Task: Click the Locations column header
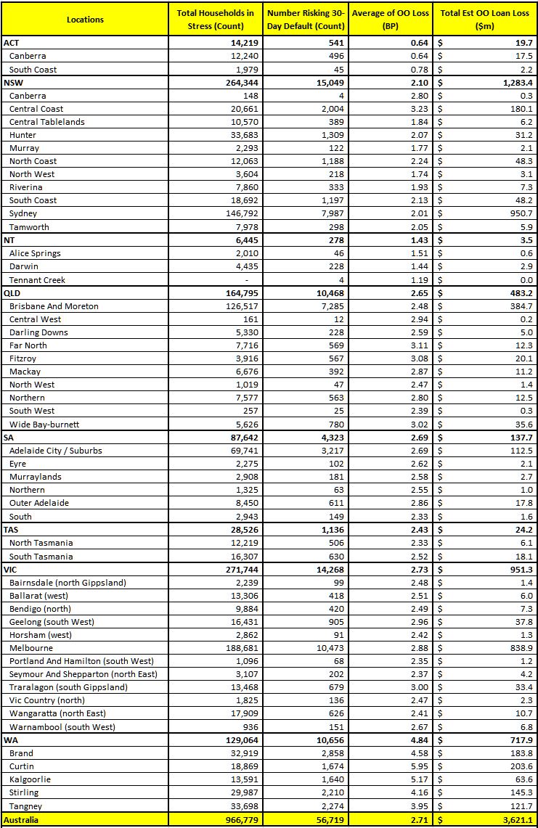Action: (85, 20)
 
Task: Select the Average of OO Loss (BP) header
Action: (391, 20)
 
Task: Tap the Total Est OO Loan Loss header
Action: (485, 20)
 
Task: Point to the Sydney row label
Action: (23, 213)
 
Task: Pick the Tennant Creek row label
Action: (38, 279)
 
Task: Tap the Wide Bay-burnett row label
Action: (44, 425)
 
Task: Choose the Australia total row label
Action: (22, 820)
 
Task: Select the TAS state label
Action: (12, 530)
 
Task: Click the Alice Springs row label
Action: (35, 253)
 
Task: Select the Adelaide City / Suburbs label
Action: (55, 451)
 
